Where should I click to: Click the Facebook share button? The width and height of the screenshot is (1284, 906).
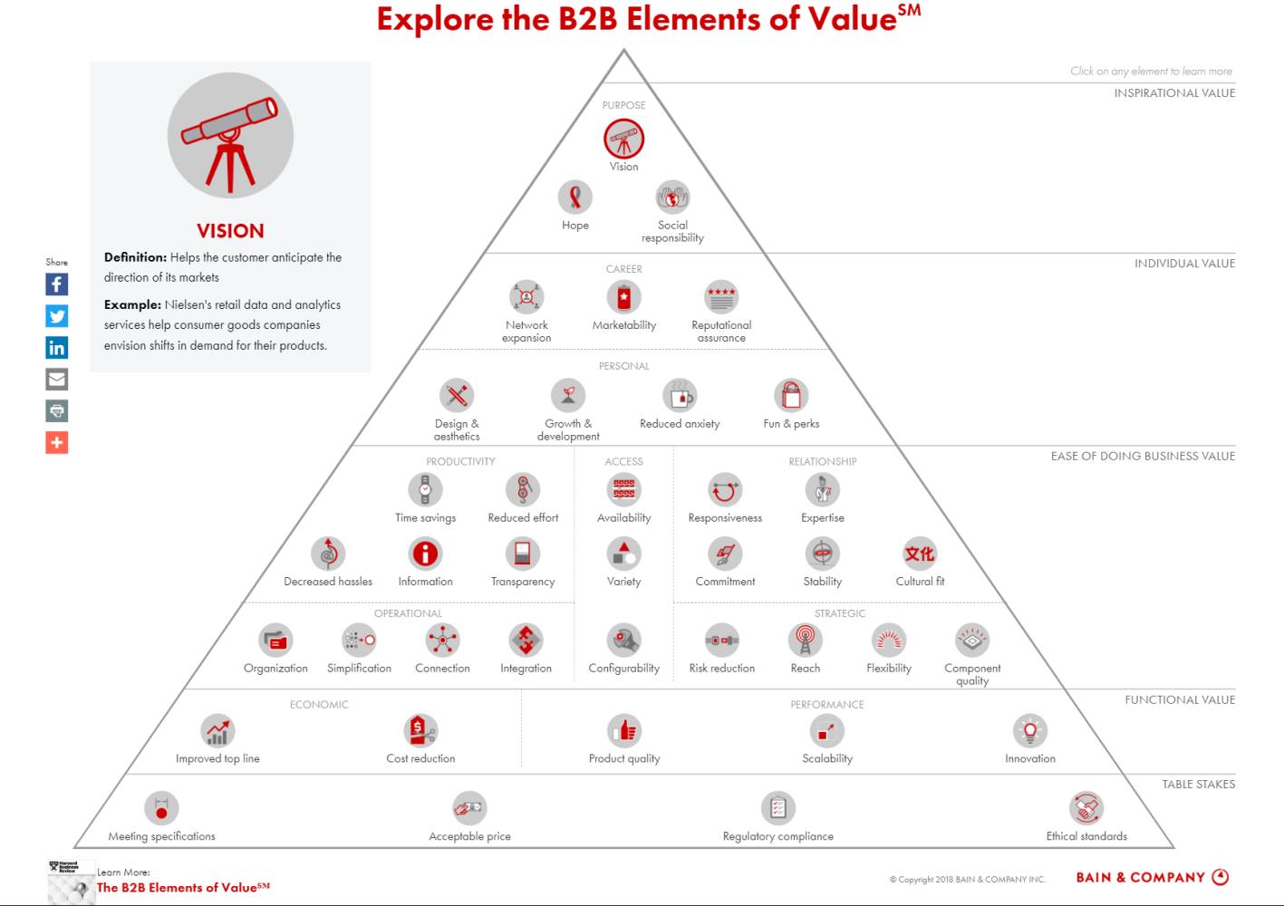point(57,284)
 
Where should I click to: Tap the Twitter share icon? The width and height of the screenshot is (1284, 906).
point(57,316)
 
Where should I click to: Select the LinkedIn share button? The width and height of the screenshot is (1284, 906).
point(57,347)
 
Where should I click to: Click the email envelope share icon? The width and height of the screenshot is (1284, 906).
point(57,379)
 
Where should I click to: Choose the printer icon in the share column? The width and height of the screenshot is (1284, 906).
point(57,411)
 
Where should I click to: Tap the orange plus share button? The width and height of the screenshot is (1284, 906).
point(57,442)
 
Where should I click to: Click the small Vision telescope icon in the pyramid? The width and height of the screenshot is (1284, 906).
point(623,139)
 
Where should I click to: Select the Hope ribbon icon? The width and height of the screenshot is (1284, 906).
point(574,198)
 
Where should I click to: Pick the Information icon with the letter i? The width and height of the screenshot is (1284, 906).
point(425,554)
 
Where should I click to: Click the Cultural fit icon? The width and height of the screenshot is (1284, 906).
point(920,554)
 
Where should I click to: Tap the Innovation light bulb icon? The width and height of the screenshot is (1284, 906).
point(1030,730)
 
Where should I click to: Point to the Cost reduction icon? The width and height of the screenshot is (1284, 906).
point(420,730)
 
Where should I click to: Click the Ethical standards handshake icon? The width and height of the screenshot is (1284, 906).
point(1086,808)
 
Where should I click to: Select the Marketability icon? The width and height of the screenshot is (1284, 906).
point(623,297)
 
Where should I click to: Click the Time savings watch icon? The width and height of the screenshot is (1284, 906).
point(425,490)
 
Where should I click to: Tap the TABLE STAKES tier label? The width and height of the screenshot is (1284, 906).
point(1199,784)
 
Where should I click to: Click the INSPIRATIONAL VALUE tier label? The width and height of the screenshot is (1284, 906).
point(1174,92)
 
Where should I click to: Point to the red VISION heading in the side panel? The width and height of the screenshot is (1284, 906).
point(230,231)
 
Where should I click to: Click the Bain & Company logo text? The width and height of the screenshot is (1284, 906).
point(1140,877)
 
